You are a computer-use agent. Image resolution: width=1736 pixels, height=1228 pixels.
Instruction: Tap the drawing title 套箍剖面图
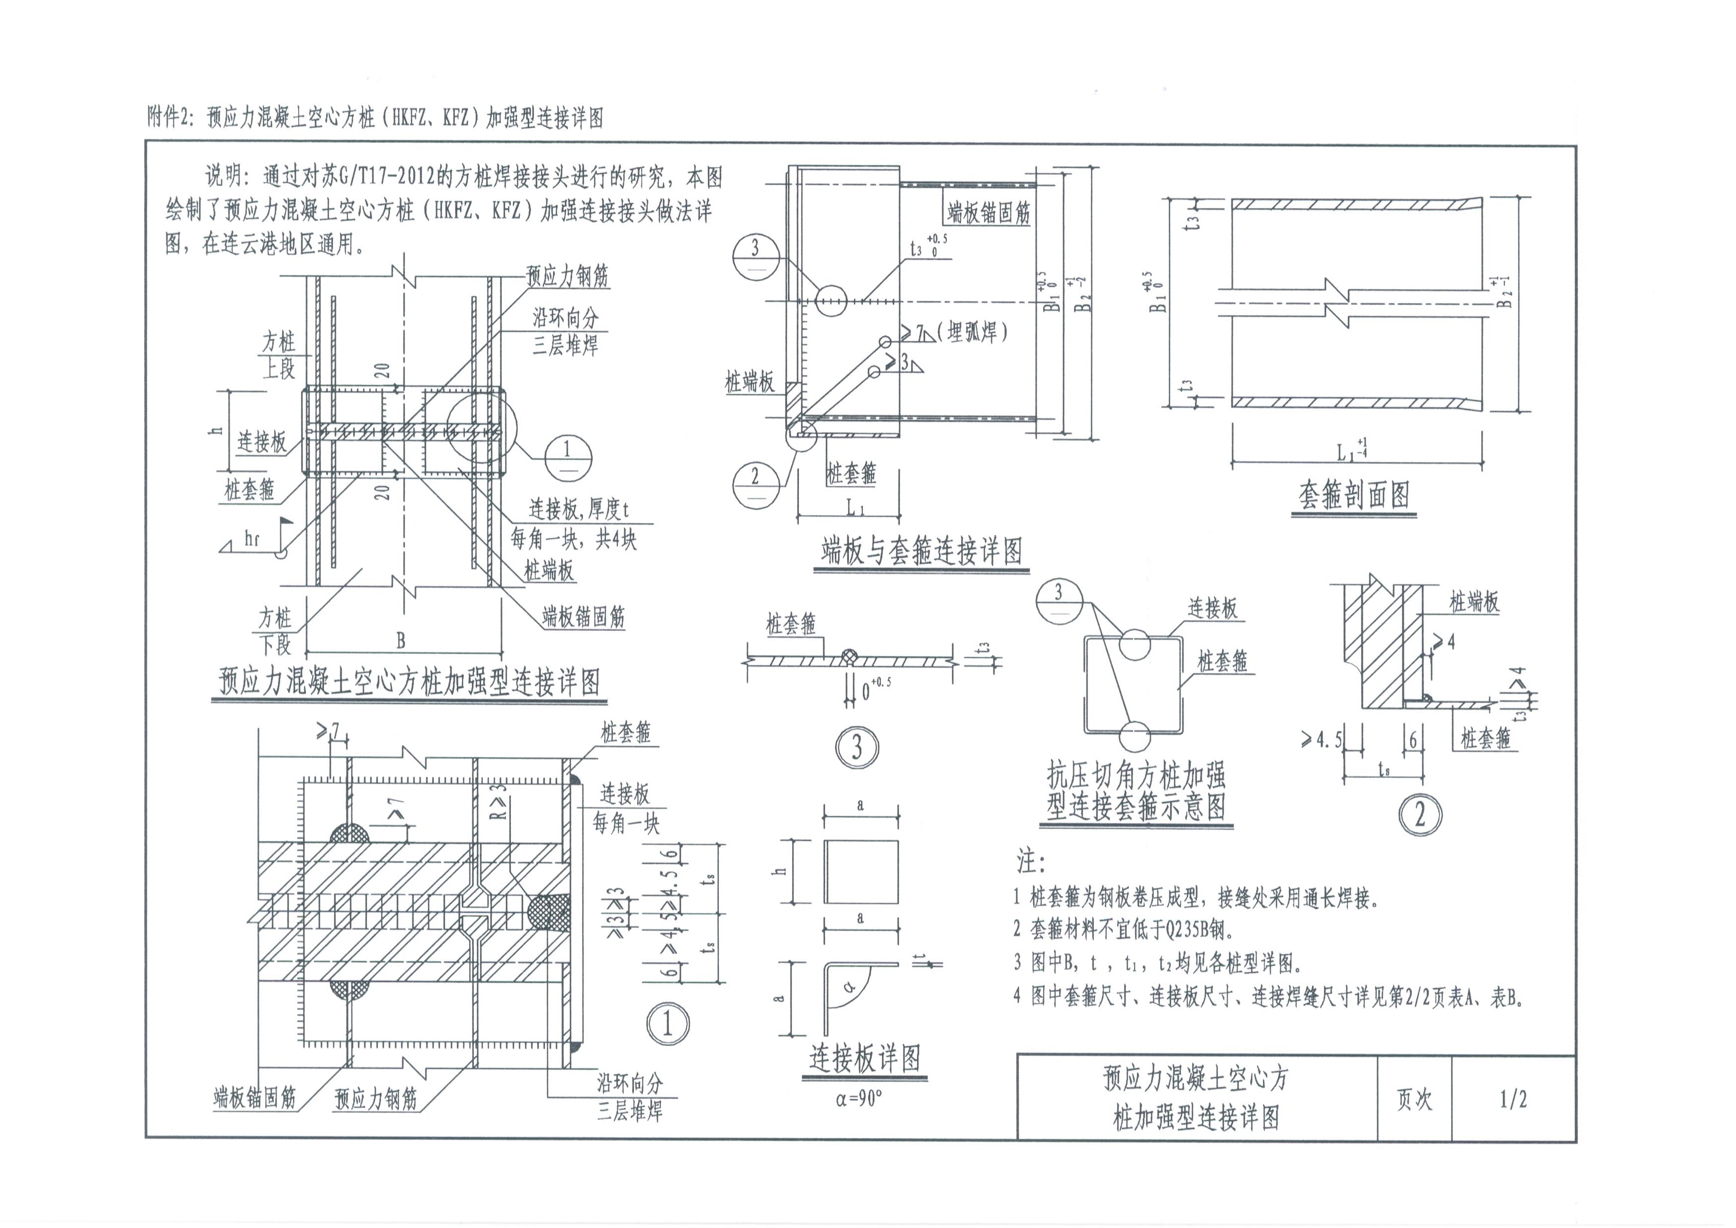(1353, 495)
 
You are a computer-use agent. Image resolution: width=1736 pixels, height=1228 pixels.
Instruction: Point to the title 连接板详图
(865, 1058)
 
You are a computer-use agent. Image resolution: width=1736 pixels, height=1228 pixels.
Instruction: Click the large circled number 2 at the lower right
(1419, 815)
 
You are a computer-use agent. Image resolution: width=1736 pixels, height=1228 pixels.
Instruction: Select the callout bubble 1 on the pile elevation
(567, 456)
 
